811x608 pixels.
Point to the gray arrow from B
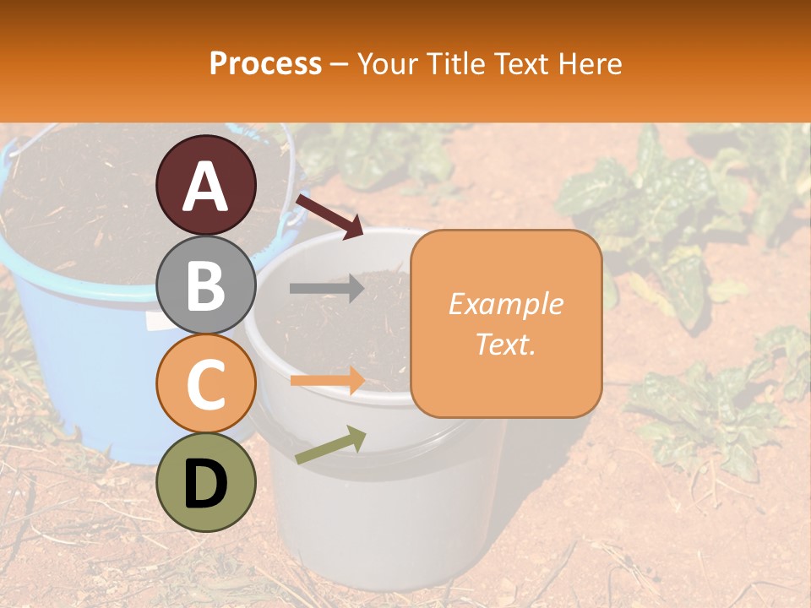326,289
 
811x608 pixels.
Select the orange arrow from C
326,380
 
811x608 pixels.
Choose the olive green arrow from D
330,445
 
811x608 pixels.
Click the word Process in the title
265,63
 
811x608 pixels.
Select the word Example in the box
505,304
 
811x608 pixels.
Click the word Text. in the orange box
505,344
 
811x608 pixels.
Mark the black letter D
205,484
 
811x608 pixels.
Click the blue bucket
76,355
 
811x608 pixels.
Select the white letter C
205,385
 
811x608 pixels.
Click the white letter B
205,286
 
